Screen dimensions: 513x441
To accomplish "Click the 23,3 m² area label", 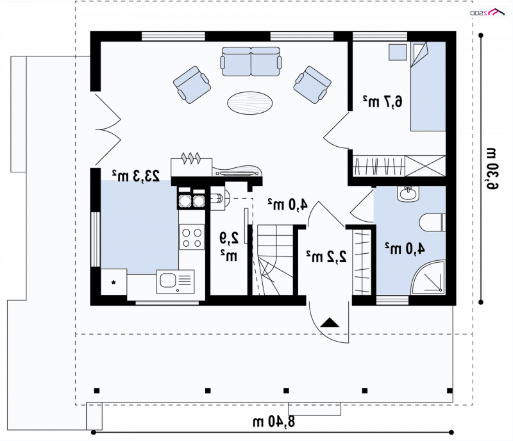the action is pos(136,176).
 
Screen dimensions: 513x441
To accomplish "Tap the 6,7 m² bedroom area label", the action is pos(382,101).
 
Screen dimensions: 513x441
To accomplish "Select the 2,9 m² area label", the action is pos(229,246).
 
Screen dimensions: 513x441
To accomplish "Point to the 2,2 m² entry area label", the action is pos(326,256).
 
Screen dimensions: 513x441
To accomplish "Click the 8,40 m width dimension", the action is pos(274,421).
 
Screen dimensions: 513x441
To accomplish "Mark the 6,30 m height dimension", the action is pos(491,169).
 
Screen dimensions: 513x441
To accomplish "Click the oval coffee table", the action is pos(250,103).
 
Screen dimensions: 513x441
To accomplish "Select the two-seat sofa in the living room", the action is pos(251,62).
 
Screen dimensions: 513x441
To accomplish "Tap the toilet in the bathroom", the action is pos(432,222).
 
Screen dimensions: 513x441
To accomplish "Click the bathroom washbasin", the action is pos(408,194).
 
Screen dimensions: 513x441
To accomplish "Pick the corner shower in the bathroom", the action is pos(428,277).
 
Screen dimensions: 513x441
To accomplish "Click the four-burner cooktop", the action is pos(192,237).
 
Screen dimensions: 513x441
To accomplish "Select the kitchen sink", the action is pos(175,281).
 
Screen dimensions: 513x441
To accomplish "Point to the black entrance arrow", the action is pos(330,322).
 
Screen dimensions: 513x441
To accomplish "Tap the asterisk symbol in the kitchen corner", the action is pos(114,282).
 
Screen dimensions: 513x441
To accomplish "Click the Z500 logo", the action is pos(487,12).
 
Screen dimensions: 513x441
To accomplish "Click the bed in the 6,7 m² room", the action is pos(428,87).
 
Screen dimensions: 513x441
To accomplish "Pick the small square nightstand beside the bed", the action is pos(398,53).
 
